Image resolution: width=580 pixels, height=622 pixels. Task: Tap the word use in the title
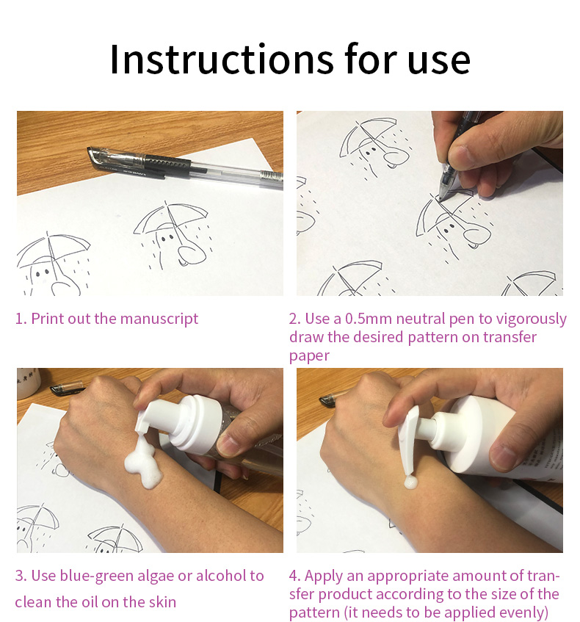(439, 62)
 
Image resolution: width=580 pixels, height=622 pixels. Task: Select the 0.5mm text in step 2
(368, 319)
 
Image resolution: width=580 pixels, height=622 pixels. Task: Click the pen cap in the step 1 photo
(139, 161)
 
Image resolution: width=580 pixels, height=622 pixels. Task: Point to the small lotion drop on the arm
(410, 482)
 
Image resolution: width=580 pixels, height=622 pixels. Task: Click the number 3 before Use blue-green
(19, 576)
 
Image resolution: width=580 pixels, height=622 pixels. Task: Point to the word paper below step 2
(309, 356)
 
